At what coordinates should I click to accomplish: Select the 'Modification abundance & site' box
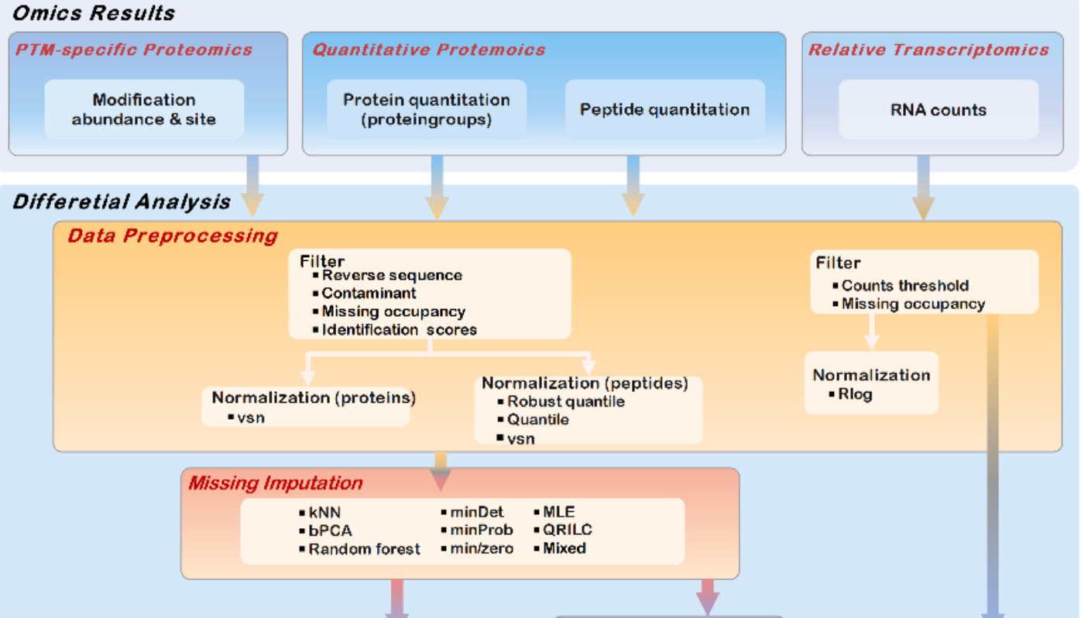[x=144, y=109]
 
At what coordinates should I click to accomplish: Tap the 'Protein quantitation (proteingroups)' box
[x=427, y=109]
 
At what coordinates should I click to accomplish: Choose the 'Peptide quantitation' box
[x=664, y=109]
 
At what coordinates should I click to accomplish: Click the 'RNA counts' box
[x=938, y=109]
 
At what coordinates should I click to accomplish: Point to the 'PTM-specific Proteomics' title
[x=134, y=50]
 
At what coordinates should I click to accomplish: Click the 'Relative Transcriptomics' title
[x=928, y=50]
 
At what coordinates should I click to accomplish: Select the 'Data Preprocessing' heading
[x=173, y=235]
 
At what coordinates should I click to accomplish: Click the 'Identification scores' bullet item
[x=399, y=329]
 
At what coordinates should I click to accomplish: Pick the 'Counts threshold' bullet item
[x=904, y=286]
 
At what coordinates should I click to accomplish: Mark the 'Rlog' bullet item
[x=854, y=394]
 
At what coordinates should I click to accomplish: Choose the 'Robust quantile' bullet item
[x=565, y=401]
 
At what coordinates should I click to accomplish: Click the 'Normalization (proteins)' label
[x=314, y=397]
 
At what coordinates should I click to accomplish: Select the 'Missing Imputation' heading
[x=275, y=483]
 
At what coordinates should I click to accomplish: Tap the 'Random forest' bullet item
[x=364, y=549]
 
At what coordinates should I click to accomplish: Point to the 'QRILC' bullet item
[x=567, y=530]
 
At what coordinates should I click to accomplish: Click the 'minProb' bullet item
[x=481, y=530]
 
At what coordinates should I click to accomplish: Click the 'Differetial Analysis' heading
[x=122, y=202]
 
